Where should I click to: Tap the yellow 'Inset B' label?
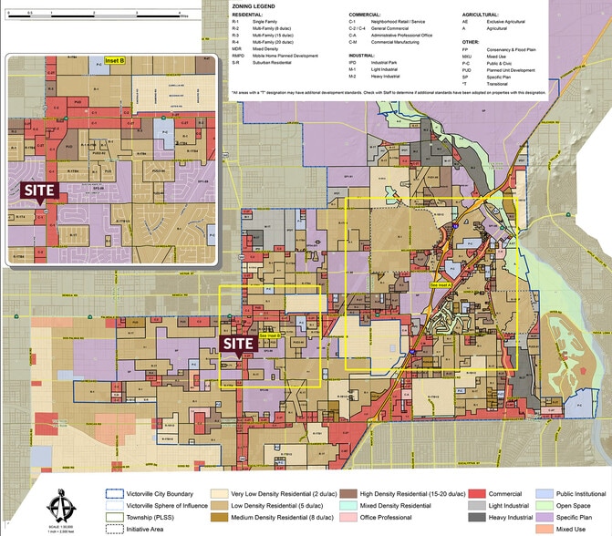click(113, 60)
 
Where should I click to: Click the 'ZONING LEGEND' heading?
click(253, 6)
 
